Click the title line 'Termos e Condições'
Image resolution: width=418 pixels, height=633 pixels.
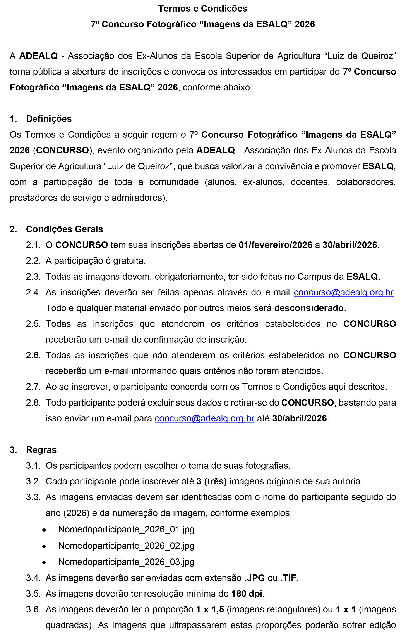click(x=203, y=9)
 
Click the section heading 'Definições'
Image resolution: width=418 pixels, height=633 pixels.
click(x=49, y=119)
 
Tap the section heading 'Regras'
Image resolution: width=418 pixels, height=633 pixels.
click(x=41, y=450)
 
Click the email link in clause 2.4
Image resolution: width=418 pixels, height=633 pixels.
click(x=344, y=292)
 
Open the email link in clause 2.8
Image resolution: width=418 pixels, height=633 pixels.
click(x=204, y=418)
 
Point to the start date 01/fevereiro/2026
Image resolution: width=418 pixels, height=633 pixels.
click(x=275, y=245)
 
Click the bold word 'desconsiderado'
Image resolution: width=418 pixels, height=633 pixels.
click(x=309, y=308)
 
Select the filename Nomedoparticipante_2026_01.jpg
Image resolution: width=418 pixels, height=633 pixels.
click(x=126, y=529)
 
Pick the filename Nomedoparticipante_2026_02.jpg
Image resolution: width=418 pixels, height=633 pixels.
click(x=126, y=546)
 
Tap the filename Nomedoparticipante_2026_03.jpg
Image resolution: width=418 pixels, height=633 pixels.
click(x=126, y=562)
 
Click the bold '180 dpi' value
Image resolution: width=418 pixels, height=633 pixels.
click(x=247, y=593)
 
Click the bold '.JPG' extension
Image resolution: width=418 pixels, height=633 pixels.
click(x=255, y=578)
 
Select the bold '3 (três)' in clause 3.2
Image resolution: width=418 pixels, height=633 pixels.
click(x=212, y=481)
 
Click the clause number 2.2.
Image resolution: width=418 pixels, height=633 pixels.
click(x=33, y=261)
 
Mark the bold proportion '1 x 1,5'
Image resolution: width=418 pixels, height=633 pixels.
click(x=210, y=609)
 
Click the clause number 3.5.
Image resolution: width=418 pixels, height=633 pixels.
click(x=33, y=593)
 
